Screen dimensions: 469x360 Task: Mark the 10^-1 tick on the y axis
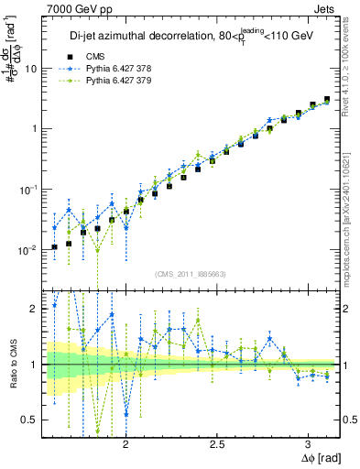point(28,189)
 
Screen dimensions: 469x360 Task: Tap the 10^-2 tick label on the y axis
point(28,249)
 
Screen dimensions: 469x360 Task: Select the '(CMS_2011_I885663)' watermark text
point(191,273)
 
